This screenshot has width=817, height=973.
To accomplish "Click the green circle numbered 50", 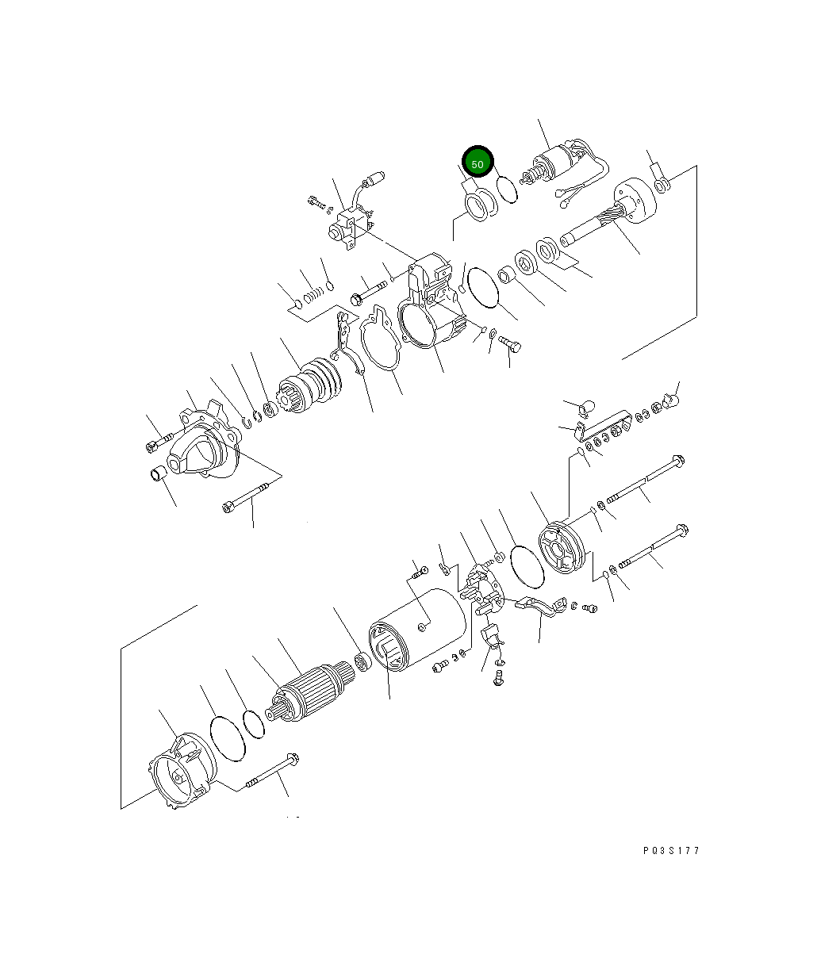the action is click(x=478, y=162).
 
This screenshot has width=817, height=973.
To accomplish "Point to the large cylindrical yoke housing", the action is click(x=417, y=629).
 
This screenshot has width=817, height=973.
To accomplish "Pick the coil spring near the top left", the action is click(x=313, y=294).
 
